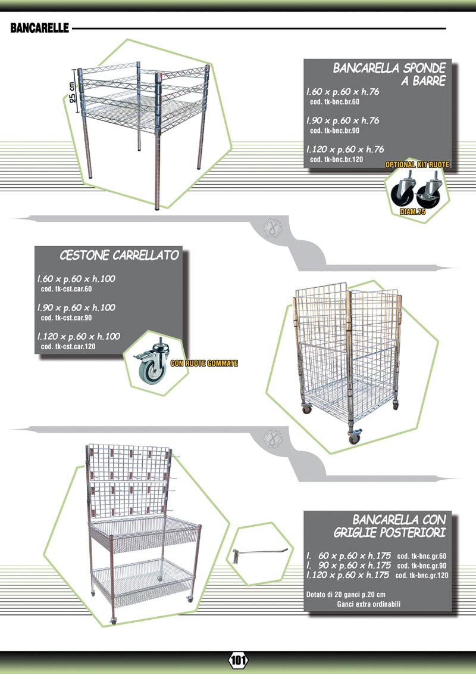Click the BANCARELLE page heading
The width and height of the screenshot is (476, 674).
[39, 28]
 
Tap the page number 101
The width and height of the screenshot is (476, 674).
[238, 660]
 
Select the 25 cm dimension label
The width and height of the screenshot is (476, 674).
[73, 92]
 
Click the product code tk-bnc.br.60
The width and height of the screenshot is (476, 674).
[335, 102]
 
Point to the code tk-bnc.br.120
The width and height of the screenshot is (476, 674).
[337, 160]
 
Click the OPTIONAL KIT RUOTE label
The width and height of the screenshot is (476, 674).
[417, 164]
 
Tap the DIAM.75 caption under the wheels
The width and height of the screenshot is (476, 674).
[412, 212]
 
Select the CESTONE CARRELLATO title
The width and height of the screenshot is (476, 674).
[120, 255]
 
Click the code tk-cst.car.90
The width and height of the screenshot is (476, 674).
[67, 318]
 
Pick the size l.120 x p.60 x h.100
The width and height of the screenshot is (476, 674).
[79, 336]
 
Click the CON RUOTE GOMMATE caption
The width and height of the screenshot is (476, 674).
[204, 363]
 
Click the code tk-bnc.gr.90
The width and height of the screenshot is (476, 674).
[422, 566]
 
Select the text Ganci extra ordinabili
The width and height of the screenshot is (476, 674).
[369, 604]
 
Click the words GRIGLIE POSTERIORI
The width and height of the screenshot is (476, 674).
[390, 532]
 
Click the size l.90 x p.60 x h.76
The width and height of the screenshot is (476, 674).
[343, 120]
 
